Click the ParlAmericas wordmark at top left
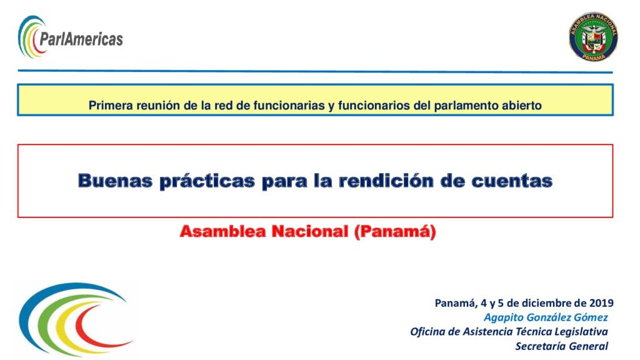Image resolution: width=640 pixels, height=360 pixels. pyautogui.click(x=81, y=39)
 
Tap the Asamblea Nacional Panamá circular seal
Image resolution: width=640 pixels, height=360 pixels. pyautogui.click(x=593, y=37)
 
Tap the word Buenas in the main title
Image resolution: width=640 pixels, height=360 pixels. pyautogui.click(x=115, y=181)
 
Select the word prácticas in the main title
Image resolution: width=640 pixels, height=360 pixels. pyautogui.click(x=207, y=181)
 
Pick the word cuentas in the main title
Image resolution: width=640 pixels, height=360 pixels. pyautogui.click(x=512, y=181)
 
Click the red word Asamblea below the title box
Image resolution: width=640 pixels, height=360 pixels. pyautogui.click(x=223, y=231)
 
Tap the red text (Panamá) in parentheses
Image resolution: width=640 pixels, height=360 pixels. pyautogui.click(x=395, y=232)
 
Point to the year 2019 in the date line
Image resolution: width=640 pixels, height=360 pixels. pyautogui.click(x=601, y=303)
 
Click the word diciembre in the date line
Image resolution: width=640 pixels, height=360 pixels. pyautogui.click(x=547, y=303)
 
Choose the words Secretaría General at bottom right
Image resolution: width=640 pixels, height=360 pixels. pyautogui.click(x=562, y=346)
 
